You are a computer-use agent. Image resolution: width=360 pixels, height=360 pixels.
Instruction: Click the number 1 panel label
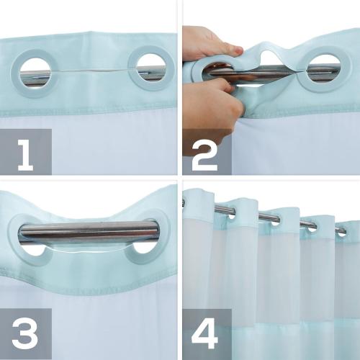click(25, 155)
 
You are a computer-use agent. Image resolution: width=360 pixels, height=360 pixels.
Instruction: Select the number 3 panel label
click(25, 335)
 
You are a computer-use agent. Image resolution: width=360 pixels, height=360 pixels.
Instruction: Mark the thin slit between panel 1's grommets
click(90, 71)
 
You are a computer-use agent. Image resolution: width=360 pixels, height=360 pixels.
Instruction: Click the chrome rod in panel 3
click(90, 232)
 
